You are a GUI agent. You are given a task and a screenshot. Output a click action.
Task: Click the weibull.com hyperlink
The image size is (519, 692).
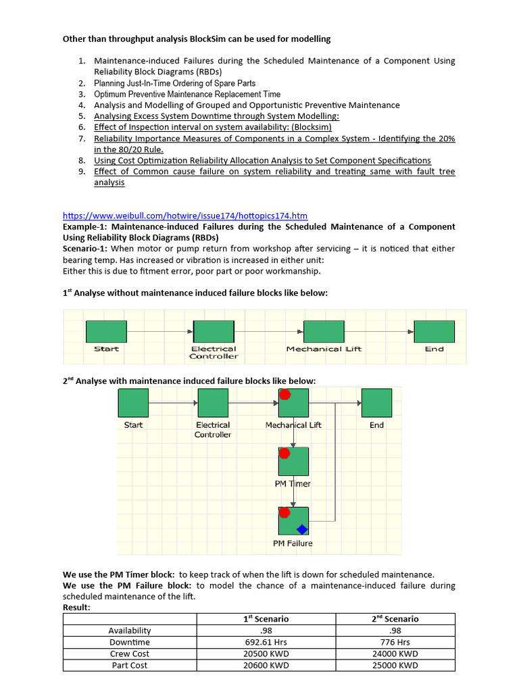(184, 216)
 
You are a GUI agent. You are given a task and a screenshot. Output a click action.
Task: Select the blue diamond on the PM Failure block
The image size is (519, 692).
(301, 529)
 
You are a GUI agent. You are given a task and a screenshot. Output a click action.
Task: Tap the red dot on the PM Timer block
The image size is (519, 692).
(285, 453)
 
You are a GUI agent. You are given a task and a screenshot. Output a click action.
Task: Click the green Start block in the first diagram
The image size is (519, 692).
(106, 331)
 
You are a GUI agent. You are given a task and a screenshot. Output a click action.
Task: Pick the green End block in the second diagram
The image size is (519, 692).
(376, 403)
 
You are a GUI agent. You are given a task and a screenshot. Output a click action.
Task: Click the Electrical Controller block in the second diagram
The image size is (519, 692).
(212, 403)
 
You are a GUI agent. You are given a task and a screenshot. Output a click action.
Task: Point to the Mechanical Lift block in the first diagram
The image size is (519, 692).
(324, 331)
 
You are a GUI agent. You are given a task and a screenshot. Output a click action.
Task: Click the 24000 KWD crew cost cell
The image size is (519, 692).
(395, 653)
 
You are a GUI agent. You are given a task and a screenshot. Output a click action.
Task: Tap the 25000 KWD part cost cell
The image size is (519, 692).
(395, 665)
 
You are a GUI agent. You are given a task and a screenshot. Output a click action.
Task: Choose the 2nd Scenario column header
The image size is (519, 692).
(395, 618)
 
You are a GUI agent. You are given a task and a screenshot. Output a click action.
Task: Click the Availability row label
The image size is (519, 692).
(129, 631)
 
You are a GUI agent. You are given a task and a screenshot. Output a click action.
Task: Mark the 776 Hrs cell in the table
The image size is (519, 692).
(395, 642)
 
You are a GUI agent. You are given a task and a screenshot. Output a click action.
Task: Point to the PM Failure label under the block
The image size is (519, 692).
(293, 543)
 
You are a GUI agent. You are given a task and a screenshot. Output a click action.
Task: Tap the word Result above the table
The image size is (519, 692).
(76, 608)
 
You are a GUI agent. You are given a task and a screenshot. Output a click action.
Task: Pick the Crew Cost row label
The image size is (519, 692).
(129, 653)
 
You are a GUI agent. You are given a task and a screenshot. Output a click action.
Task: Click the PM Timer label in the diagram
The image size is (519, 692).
(292, 484)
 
